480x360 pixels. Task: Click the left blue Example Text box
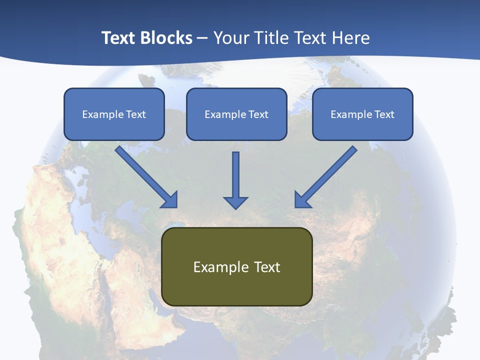[x=114, y=114]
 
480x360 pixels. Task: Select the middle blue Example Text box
[x=236, y=114]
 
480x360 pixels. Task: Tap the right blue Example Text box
[x=362, y=114]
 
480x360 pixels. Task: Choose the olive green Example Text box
[x=236, y=266]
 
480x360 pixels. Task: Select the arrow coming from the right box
[x=327, y=175]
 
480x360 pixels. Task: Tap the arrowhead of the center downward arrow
[x=235, y=202]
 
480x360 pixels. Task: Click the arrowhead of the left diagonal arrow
[x=170, y=200]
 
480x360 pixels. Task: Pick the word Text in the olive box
[x=267, y=267]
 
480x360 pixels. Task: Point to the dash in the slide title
[x=202, y=38]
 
